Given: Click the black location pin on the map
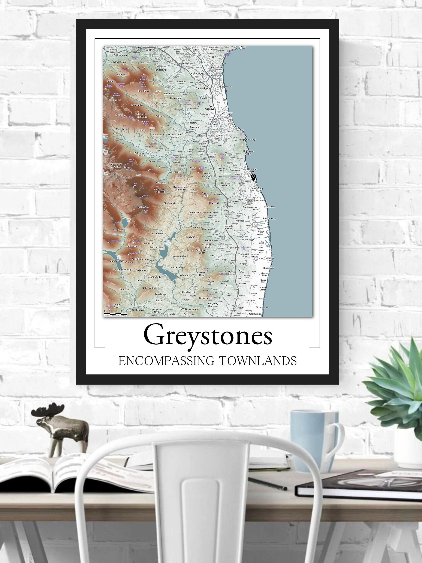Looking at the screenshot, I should point(253,177).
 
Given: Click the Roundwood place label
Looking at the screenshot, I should point(154,277).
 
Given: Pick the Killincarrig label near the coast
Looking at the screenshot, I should point(258,189).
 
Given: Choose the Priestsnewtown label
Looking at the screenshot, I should point(250,207).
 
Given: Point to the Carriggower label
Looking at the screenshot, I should point(195,212).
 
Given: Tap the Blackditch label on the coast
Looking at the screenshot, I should point(268,268).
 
